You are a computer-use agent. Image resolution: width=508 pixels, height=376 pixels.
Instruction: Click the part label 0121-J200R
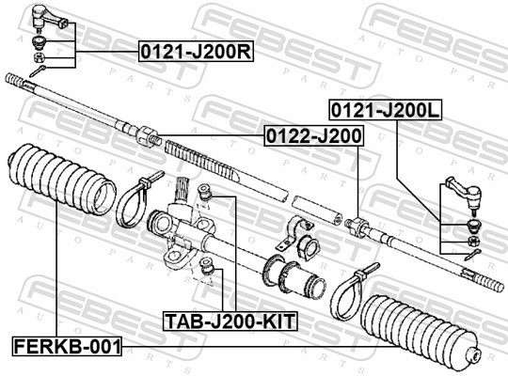pos(196,51)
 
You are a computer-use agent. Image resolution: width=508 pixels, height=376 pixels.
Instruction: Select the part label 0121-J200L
pos(383,111)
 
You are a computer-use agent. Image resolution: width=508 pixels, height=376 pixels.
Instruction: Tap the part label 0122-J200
pos(312,136)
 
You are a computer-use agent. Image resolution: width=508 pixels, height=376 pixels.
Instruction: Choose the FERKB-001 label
pos(67,346)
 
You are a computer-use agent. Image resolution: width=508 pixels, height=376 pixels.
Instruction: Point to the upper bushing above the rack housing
pos(211,195)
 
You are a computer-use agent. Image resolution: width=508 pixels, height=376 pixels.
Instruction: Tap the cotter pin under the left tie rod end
pos(39,71)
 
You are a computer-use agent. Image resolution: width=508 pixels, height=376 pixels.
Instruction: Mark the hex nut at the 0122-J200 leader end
pos(355,227)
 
